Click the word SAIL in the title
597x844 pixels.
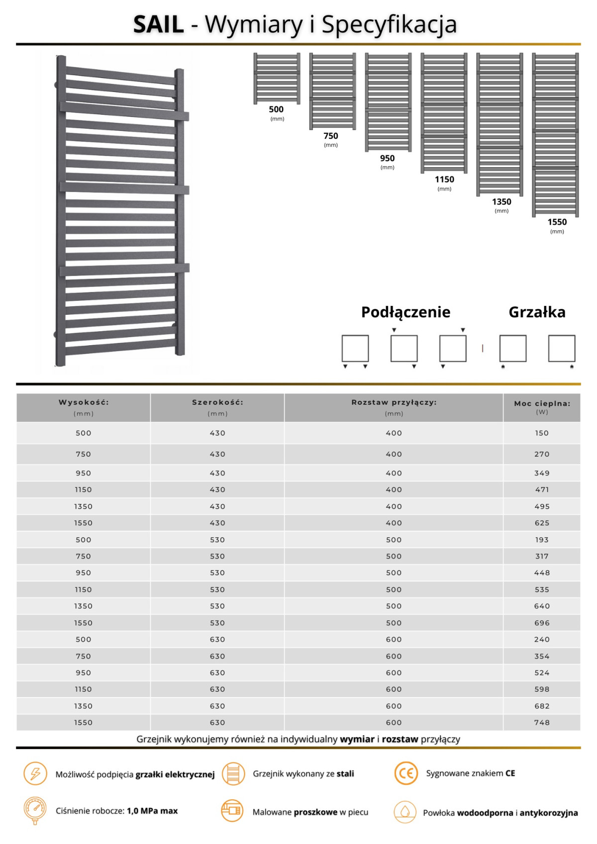point(158,24)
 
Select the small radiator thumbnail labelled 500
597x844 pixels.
point(277,78)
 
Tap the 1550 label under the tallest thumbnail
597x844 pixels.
point(557,222)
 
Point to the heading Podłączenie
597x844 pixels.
point(405,312)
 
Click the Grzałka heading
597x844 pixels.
point(537,312)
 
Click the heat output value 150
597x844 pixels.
point(542,433)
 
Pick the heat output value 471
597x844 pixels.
point(542,490)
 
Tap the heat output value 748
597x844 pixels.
point(542,723)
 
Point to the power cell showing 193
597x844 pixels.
point(542,540)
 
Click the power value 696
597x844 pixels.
point(542,623)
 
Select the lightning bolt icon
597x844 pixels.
point(35,774)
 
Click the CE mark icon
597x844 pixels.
point(406,773)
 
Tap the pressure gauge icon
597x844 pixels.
point(35,810)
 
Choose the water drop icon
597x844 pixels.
point(405,812)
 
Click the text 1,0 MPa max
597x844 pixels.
point(152,811)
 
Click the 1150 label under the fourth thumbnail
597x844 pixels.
point(444,180)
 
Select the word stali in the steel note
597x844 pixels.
point(345,774)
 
